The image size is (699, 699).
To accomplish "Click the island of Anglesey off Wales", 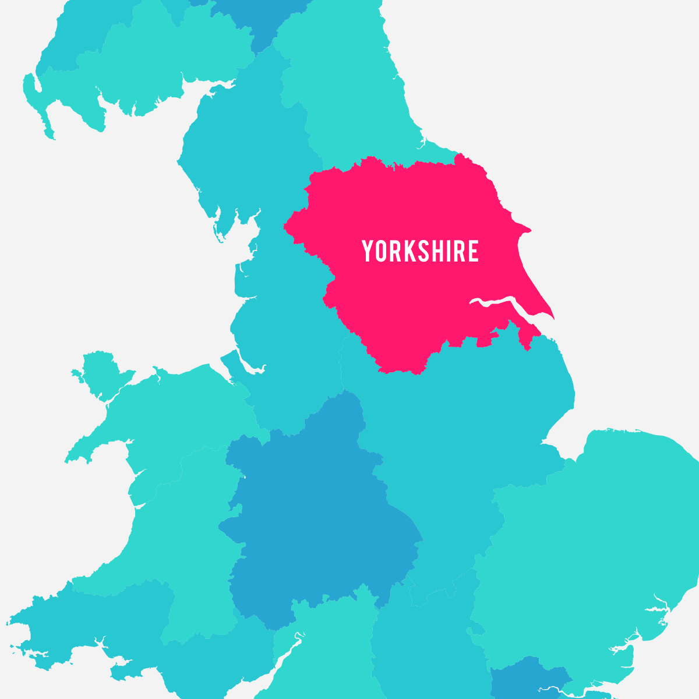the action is point(99,373).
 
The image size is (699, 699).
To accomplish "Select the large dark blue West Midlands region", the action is point(320,513).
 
